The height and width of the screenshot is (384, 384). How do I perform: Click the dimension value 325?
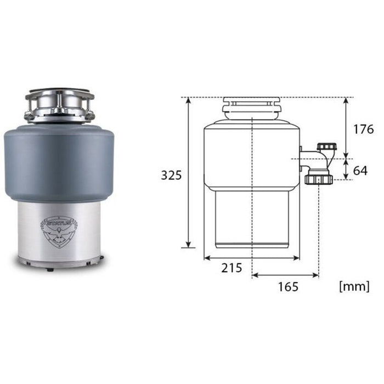(171, 175)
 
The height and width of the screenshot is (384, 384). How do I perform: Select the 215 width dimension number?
(233, 268)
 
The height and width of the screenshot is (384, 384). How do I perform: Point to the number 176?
(363, 129)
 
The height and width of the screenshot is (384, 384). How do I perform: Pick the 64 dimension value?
(360, 171)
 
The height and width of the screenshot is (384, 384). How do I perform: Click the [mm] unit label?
(354, 286)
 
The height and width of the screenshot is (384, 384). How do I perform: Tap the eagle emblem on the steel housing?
(59, 230)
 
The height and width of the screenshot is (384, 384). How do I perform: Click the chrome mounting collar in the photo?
(59, 106)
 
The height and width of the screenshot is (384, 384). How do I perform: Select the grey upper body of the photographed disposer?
(59, 162)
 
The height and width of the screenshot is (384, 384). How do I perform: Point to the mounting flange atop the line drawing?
(251, 105)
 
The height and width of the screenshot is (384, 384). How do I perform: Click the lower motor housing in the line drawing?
(251, 217)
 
